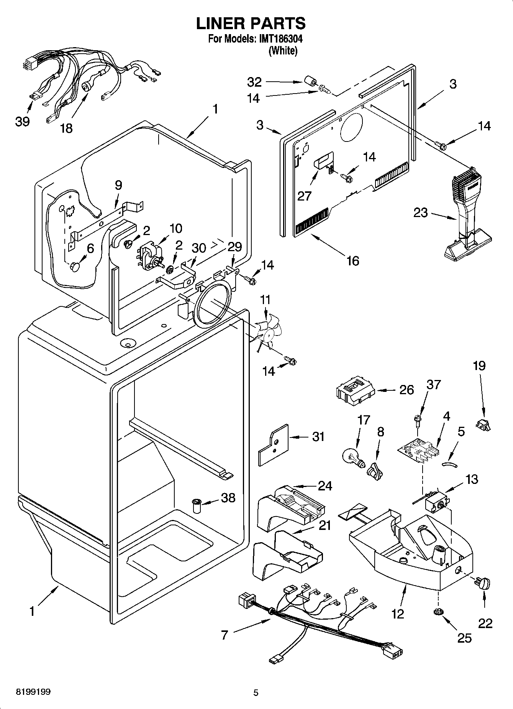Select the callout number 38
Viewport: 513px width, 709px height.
point(228,498)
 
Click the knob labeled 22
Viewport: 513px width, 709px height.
point(483,584)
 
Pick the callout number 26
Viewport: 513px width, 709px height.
point(406,390)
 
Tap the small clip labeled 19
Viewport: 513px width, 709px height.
point(483,424)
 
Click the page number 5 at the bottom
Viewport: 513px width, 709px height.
point(256,693)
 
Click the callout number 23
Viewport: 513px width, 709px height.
point(420,212)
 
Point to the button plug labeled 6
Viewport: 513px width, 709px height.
point(74,266)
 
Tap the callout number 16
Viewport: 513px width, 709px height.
point(352,260)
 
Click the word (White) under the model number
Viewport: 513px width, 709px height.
point(283,51)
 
